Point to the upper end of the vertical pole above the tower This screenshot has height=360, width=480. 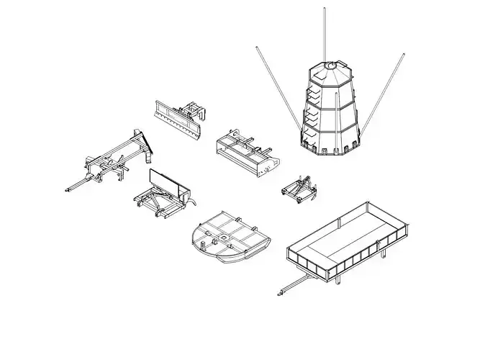point(325,10)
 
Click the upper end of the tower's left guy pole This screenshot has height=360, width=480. point(256,49)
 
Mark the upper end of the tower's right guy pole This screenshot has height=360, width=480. point(403,54)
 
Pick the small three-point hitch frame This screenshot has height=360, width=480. point(297,189)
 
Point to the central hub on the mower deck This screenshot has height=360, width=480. point(225,235)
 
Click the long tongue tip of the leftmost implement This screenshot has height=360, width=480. point(66,190)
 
